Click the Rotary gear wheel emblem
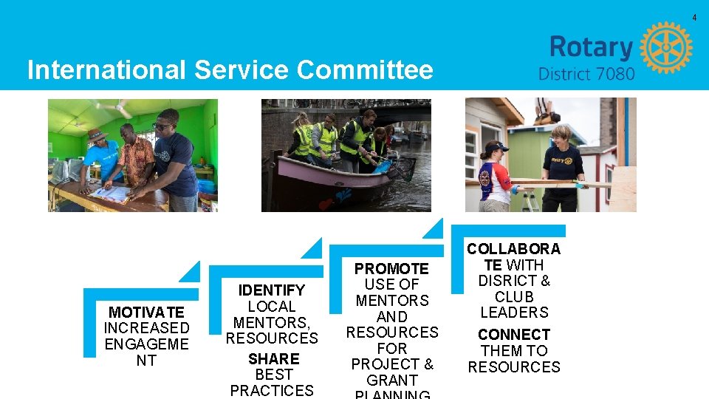point(665,47)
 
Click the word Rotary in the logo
point(591,47)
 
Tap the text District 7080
point(586,74)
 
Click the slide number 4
point(694,17)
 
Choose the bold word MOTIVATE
point(146,313)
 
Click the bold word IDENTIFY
point(272,290)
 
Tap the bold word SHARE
point(273,359)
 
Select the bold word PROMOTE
point(391,269)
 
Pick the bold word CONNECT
point(514,335)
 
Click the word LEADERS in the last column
point(514,313)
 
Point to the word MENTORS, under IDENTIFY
point(271,322)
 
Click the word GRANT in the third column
point(391,380)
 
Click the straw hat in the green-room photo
point(96,134)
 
